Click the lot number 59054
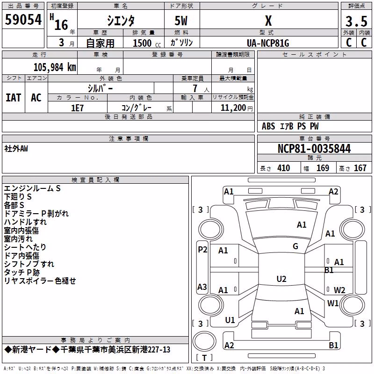[x=23, y=20]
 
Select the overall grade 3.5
[x=356, y=21]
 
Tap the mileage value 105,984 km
[x=55, y=67]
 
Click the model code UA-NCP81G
[x=268, y=43]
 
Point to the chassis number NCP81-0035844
[x=314, y=149]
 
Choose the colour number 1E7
[x=77, y=108]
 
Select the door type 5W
[x=181, y=21]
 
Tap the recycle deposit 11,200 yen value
[x=237, y=108]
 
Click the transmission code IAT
[x=14, y=98]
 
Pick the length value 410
[x=284, y=168]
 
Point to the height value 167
[x=360, y=168]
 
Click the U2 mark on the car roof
[x=281, y=279]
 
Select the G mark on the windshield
[x=295, y=246]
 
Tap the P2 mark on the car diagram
[x=202, y=250]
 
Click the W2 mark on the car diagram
[x=339, y=290]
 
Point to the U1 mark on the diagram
[x=230, y=320]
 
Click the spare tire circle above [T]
[x=204, y=341]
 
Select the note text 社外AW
[x=16, y=149]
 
